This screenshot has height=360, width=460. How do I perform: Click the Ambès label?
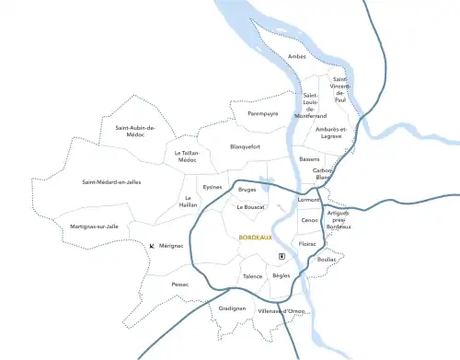(x=296, y=57)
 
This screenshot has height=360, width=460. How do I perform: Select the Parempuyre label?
(x=262, y=114)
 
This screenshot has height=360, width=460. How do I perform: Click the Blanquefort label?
(x=245, y=146)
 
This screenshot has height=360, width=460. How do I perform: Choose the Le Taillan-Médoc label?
(x=187, y=157)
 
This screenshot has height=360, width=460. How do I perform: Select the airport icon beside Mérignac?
(x=152, y=246)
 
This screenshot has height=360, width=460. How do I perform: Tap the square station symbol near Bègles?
(x=282, y=256)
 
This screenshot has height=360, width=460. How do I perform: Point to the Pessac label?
(x=179, y=285)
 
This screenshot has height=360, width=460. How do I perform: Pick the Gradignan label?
(x=232, y=308)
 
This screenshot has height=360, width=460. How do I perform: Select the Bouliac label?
(x=327, y=260)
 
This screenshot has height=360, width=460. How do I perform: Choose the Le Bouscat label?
(x=250, y=207)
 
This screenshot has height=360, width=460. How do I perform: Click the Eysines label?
(x=213, y=187)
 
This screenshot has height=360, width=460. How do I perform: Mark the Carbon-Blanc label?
(x=323, y=173)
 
